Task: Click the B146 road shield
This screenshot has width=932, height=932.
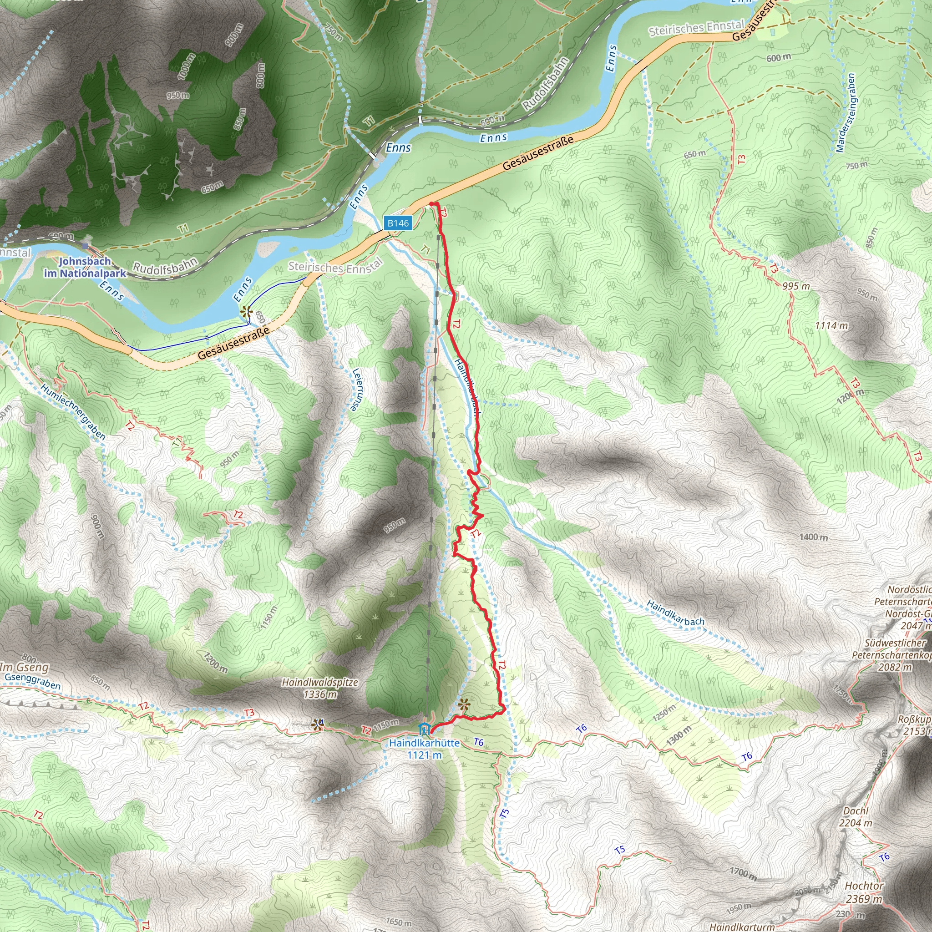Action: [x=398, y=223]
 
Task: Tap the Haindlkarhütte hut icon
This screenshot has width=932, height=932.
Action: [x=425, y=729]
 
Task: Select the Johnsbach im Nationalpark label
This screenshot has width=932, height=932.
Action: [x=85, y=267]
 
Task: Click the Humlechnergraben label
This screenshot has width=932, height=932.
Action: [x=73, y=411]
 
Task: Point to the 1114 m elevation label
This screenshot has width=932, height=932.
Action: [x=831, y=326]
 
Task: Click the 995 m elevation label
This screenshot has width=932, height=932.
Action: [x=796, y=286]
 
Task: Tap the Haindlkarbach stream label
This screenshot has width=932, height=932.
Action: [x=675, y=613]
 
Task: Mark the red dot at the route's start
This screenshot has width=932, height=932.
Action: [x=431, y=204]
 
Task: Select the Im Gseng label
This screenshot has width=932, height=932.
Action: [x=24, y=667]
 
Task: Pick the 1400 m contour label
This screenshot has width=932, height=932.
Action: [x=813, y=537]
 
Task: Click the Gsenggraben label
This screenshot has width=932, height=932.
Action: [x=33, y=681]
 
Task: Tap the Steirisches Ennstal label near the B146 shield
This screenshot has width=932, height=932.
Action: [x=336, y=265]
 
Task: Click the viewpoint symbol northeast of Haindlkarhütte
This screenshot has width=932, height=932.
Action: [x=464, y=705]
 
